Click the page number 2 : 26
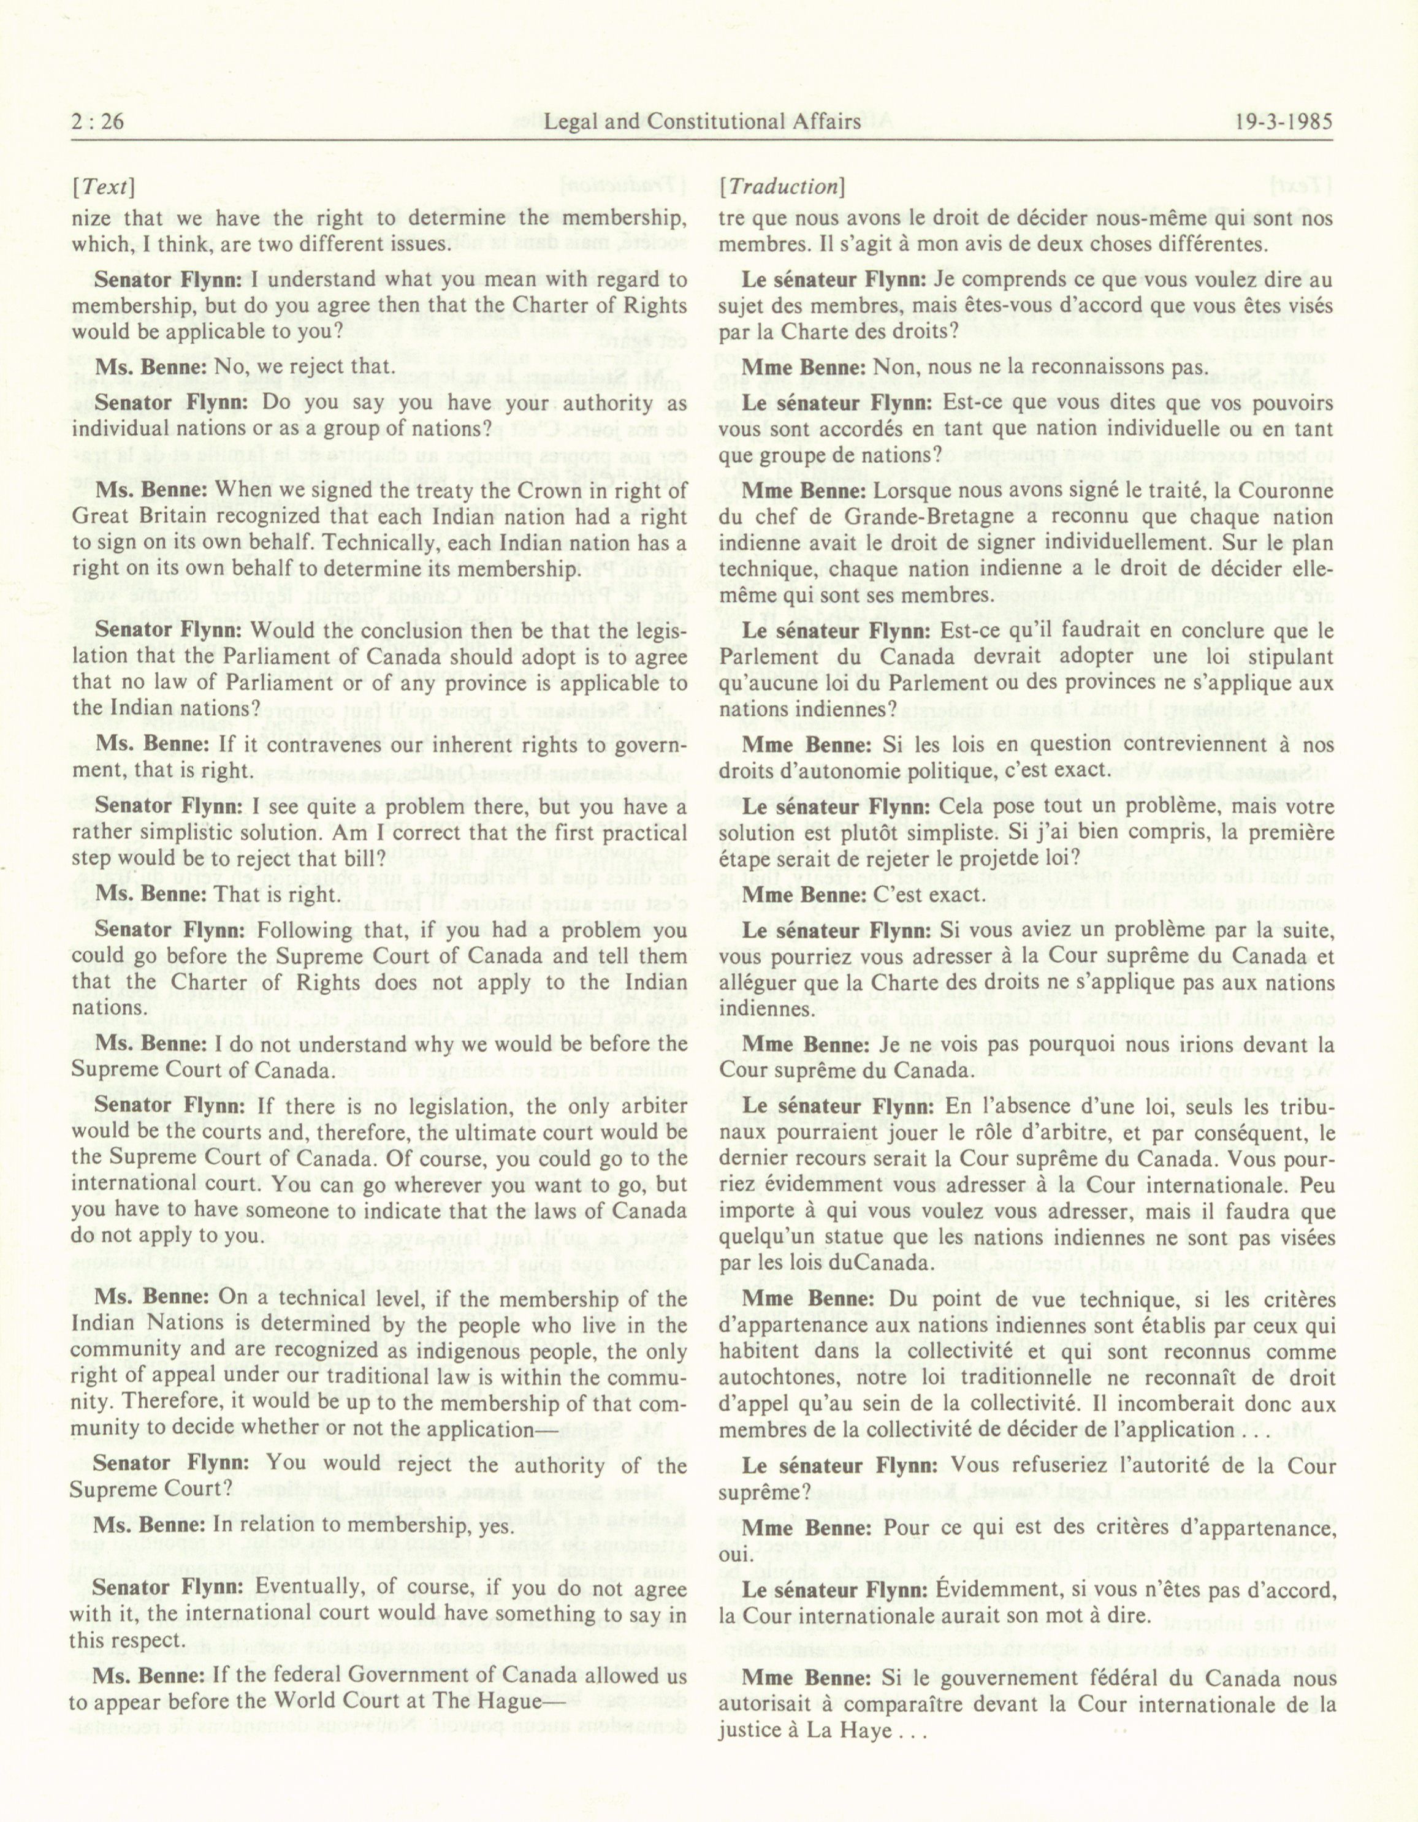(97, 122)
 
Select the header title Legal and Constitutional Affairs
(702, 122)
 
